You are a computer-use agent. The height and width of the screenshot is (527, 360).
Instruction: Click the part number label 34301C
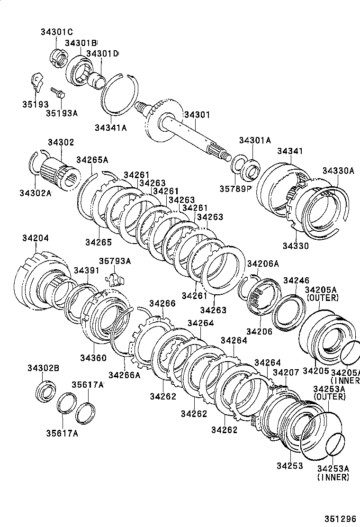point(56,32)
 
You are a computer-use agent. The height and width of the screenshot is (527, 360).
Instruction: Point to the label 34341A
point(111,127)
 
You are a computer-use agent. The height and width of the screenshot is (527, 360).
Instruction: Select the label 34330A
point(338,171)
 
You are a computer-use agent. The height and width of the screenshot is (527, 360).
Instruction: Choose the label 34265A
point(92,159)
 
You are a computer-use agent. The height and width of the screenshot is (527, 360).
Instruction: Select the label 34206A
point(263,263)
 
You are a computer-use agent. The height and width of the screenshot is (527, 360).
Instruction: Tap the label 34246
point(296,280)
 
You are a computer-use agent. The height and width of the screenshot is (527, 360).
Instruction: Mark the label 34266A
point(125,375)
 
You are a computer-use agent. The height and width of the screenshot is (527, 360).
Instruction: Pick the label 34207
point(286,373)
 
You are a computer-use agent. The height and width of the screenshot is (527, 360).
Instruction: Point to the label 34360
point(93,357)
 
